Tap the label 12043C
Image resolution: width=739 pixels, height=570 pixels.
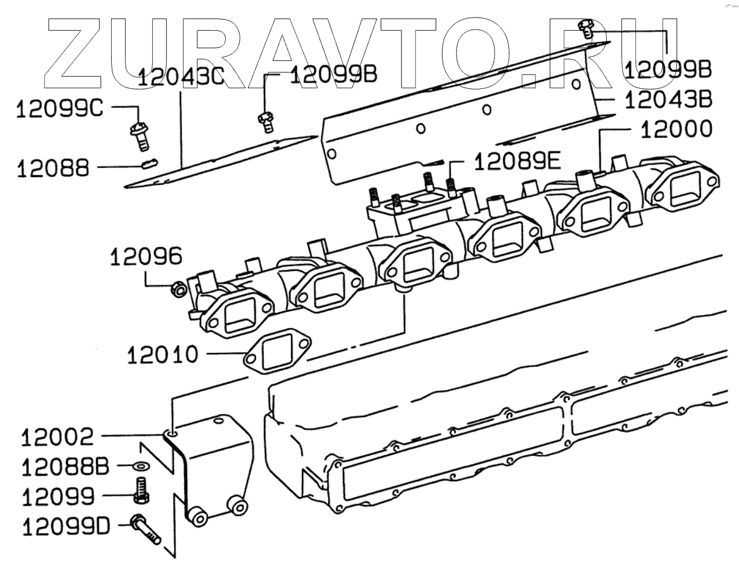(x=182, y=78)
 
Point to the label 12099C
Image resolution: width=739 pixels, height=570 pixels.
(x=60, y=110)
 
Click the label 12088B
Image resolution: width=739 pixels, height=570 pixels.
(x=65, y=467)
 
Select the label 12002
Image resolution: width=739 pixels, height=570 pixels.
(x=58, y=436)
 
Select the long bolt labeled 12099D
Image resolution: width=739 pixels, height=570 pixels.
(x=146, y=528)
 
